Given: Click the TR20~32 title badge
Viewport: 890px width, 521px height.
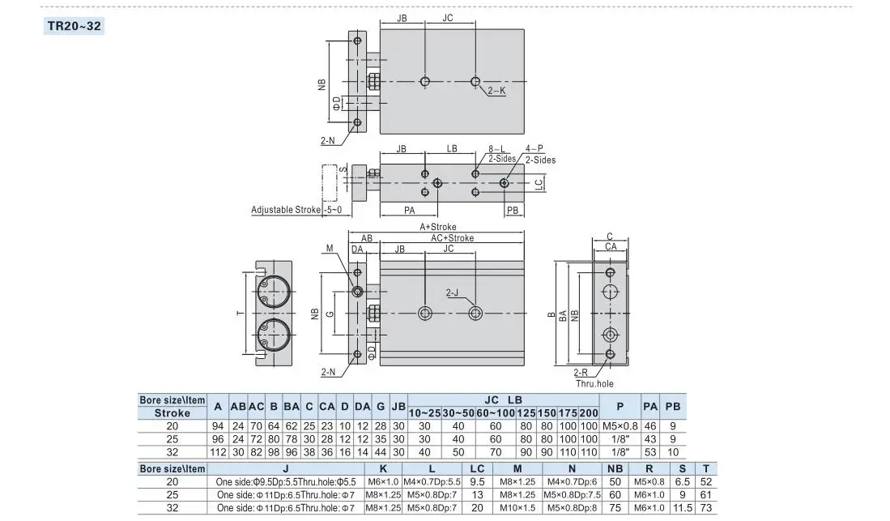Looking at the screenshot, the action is [74, 26].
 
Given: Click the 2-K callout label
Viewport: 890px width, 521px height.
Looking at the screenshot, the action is [496, 90].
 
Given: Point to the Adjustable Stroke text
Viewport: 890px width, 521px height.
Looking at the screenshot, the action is [286, 210].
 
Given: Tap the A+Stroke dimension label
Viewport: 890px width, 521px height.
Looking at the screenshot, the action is [437, 227].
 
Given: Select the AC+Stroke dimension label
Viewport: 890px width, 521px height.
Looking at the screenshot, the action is [452, 238].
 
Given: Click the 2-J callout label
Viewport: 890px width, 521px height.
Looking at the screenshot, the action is [452, 293].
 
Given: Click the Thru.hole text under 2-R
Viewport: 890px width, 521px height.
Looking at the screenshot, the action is [594, 383].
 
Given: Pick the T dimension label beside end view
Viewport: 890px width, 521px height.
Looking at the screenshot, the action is [240, 313].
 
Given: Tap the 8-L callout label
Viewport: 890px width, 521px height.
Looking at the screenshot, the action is [496, 149].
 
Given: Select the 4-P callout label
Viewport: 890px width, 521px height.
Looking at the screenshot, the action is [534, 149].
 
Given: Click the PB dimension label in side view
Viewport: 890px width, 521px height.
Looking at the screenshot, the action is [513, 210].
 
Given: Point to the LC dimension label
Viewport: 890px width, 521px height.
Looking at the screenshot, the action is [539, 183].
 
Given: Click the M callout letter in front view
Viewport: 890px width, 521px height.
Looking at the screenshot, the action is [330, 248].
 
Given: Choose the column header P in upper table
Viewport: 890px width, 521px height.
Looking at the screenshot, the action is [620, 406].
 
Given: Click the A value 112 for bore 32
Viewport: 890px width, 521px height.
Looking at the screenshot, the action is [217, 452].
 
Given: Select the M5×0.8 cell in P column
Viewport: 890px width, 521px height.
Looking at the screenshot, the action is [620, 426].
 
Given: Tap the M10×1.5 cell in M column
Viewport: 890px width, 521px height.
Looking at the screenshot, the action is [517, 508].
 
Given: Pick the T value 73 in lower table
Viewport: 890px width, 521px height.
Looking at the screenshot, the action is [705, 508].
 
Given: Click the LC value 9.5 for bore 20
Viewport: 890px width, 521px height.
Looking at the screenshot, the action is [477, 482].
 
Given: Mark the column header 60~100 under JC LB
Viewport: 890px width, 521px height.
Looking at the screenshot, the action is [496, 413].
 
